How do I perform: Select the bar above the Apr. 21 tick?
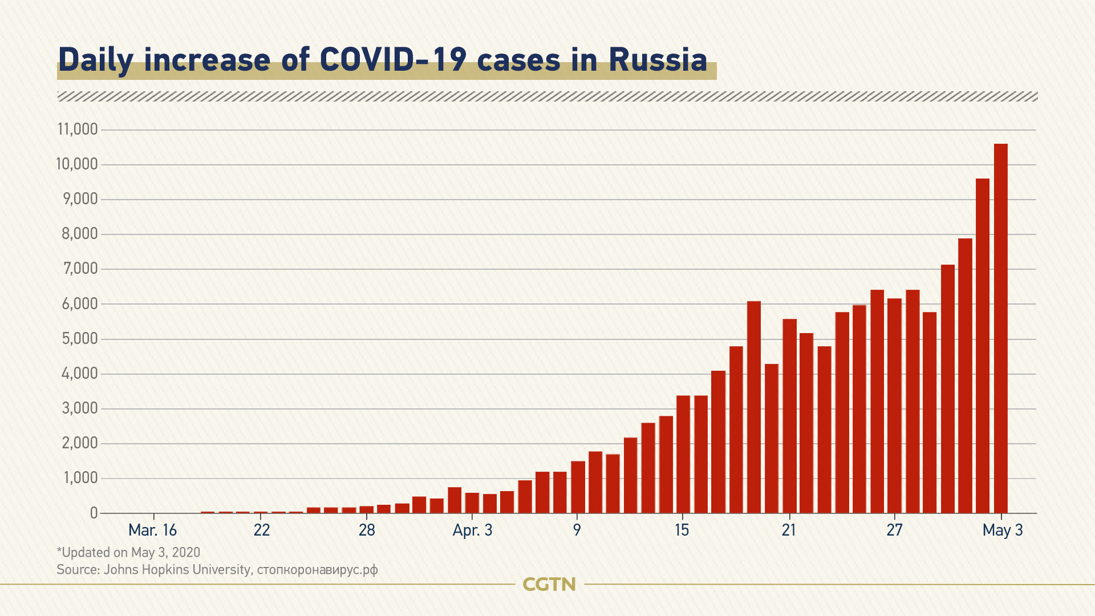pos(789,416)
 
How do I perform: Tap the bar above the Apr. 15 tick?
pos(683,454)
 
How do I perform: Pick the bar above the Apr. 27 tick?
pos(894,406)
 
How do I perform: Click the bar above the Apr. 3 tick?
pos(472,502)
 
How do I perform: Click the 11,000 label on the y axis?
pos(78,129)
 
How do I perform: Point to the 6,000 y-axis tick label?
pos(80,304)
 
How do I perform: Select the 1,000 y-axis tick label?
pos(80,479)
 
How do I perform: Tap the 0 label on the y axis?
pos(94,513)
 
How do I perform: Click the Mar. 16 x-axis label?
pos(152,530)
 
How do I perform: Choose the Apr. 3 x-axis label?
pos(472,530)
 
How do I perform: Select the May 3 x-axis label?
pos(1002,530)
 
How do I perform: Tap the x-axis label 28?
pos(367,530)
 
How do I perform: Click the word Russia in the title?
pos(658,60)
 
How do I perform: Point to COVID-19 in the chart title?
pos(393,60)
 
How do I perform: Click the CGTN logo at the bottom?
pos(549,585)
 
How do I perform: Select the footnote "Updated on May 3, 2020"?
pos(129,553)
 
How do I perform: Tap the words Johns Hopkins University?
pos(177,570)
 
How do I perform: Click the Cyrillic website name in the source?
pos(317,570)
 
